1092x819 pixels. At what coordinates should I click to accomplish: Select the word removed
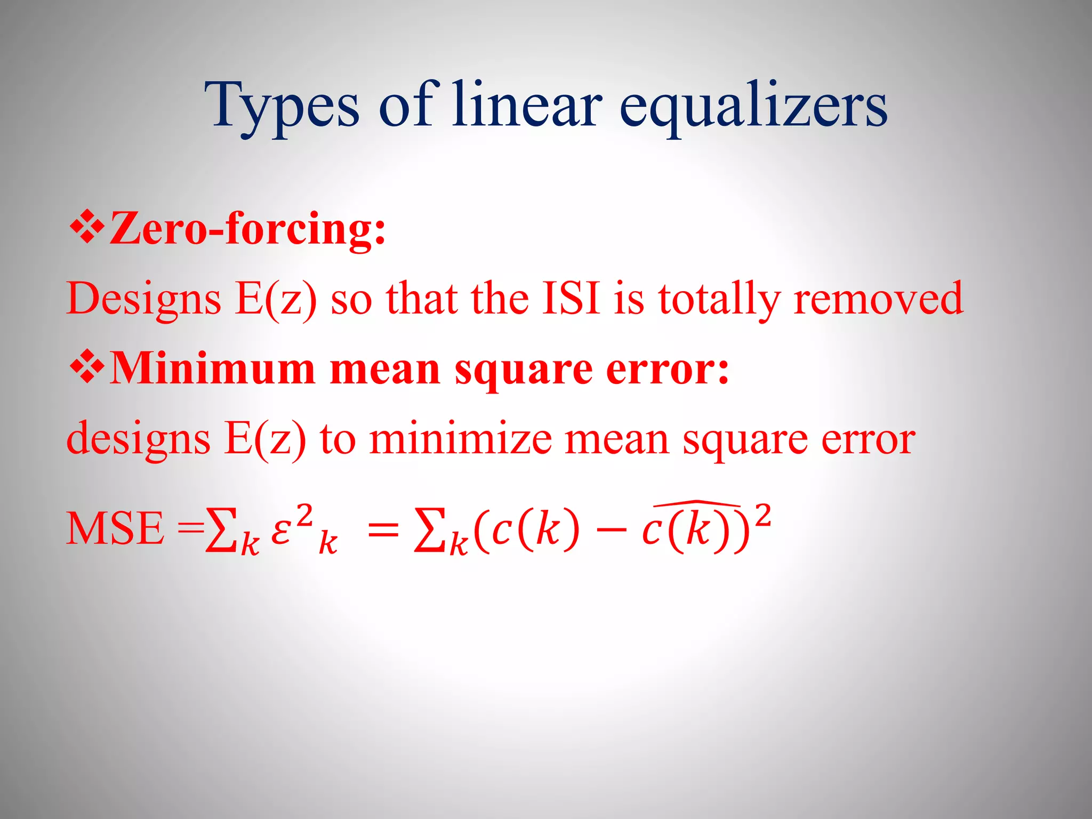click(x=878, y=298)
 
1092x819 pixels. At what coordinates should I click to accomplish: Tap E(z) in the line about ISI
click(x=276, y=298)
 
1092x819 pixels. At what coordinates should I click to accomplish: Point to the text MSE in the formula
click(x=115, y=528)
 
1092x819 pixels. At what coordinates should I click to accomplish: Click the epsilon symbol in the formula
click(x=281, y=531)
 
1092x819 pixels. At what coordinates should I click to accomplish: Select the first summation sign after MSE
click(x=221, y=529)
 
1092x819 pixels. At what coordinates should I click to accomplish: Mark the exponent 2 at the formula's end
click(x=764, y=516)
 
